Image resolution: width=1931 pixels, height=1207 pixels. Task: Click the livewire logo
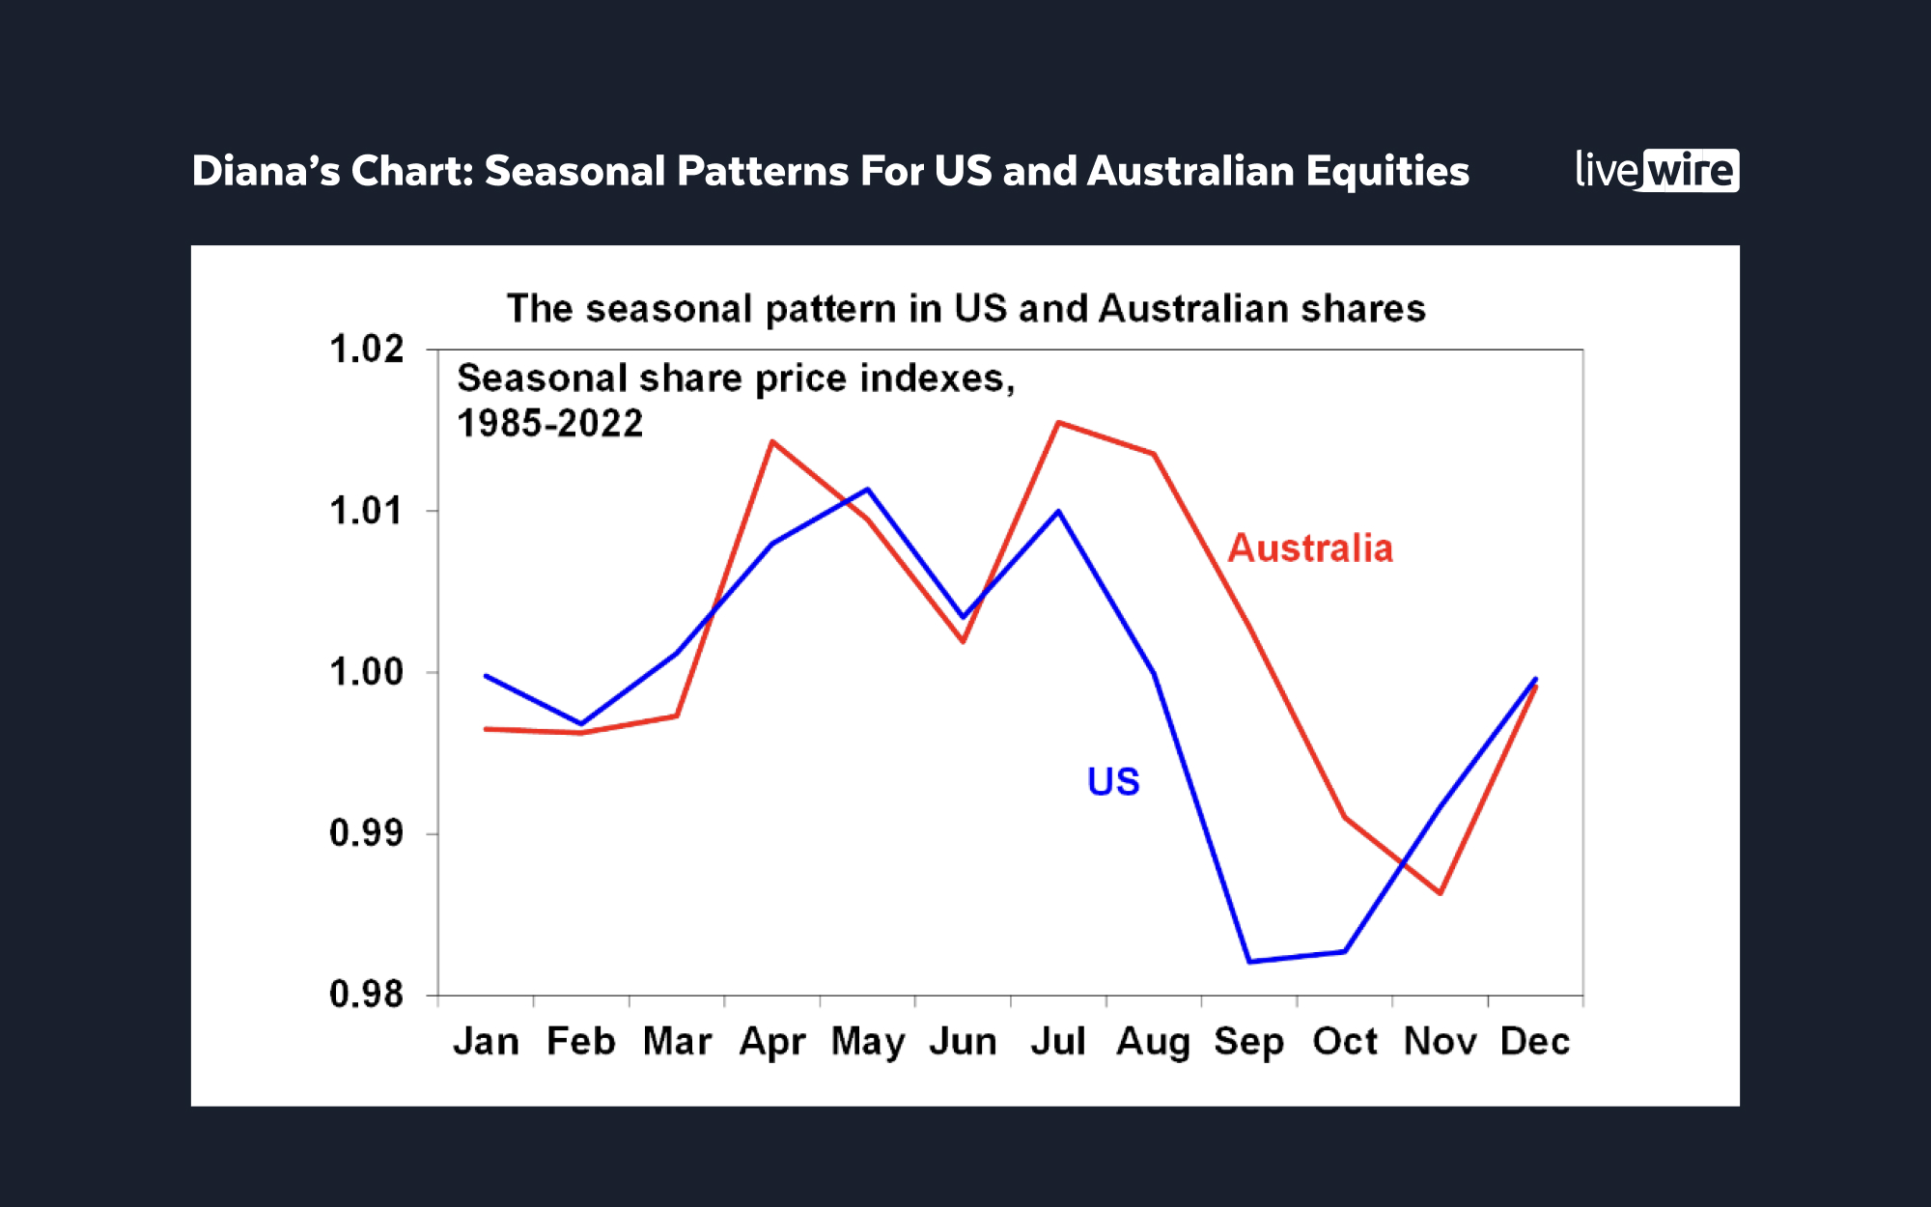tap(1656, 170)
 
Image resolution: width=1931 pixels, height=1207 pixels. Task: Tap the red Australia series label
tap(1310, 548)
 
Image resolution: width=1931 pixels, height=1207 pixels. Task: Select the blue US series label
tap(1113, 781)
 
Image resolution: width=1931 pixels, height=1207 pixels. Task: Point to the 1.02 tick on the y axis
tap(367, 350)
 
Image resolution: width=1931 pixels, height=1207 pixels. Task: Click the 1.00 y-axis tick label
tap(367, 672)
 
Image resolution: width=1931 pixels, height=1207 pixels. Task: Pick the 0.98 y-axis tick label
tap(367, 994)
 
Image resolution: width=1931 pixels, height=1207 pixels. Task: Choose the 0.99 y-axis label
tap(367, 832)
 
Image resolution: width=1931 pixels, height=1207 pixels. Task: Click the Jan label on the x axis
tap(486, 1042)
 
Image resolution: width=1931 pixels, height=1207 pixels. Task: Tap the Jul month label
tap(1058, 1042)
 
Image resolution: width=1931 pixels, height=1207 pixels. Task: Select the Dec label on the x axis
tap(1535, 1042)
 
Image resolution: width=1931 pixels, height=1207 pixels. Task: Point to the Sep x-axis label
tap(1248, 1042)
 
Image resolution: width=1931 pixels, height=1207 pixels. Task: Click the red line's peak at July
tap(1058, 423)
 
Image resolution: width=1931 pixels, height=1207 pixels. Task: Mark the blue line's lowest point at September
tap(1249, 962)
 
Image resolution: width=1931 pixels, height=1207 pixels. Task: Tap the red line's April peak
tap(772, 441)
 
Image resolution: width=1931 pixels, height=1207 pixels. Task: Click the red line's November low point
tap(1441, 893)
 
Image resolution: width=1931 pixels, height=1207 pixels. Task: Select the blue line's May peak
tap(868, 490)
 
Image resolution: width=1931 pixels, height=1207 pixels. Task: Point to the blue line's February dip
tap(581, 723)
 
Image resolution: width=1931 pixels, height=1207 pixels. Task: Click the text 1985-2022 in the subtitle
tap(549, 424)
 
